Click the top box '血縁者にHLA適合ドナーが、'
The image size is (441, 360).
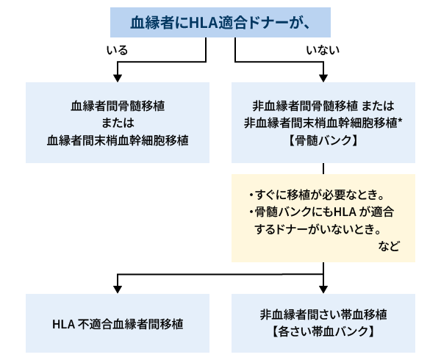click(220, 22)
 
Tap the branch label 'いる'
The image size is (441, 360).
click(117, 50)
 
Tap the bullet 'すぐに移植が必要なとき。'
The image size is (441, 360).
click(318, 196)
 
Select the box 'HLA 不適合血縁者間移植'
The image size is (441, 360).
click(118, 323)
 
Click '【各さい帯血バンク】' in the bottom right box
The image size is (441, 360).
click(323, 331)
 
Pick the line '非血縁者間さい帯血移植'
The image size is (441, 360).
click(323, 314)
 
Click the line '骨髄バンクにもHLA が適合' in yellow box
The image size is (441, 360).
click(321, 213)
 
